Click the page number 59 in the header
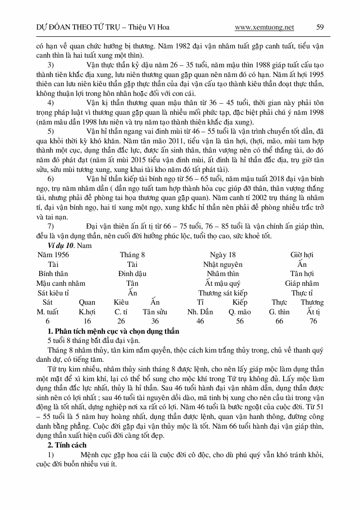pos(320,28)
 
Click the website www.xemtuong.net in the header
pos(264,28)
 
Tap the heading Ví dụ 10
pos(61,246)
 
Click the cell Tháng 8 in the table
pos(132,255)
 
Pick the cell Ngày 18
pos(223,255)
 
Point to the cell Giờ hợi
pos(302,255)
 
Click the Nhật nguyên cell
pos(223,264)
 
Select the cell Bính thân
pos(53,274)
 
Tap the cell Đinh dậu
pos(132,274)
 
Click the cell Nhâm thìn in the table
pos(223,274)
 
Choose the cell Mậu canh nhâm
pos(61,283)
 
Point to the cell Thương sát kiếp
pos(223,293)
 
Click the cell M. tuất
pos(47,312)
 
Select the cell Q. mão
pos(240,312)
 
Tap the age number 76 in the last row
pos(314,321)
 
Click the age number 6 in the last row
pos(47,321)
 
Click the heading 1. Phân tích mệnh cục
pos(113,331)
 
